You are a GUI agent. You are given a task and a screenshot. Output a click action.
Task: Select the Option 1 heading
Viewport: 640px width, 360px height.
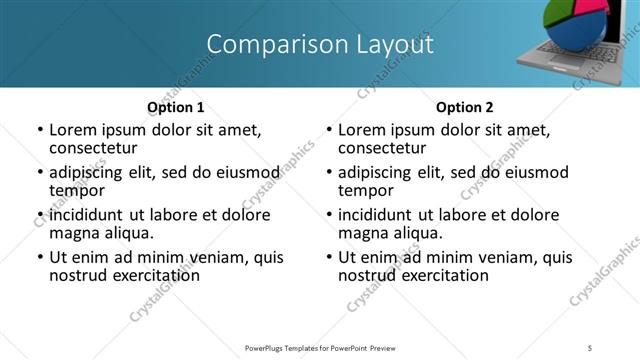pyautogui.click(x=176, y=107)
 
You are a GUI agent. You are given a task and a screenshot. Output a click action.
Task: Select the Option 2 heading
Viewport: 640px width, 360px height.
pyautogui.click(x=465, y=107)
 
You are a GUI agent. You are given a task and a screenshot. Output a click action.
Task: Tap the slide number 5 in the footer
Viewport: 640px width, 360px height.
pyautogui.click(x=591, y=347)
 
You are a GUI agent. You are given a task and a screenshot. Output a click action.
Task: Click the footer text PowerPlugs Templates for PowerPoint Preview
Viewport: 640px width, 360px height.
pyautogui.click(x=319, y=347)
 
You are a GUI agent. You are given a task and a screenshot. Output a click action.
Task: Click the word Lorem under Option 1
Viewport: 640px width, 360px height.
pyautogui.click(x=72, y=130)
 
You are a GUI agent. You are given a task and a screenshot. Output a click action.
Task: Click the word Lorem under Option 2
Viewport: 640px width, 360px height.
pyautogui.click(x=361, y=130)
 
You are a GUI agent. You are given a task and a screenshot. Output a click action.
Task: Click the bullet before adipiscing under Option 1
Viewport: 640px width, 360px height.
pyautogui.click(x=40, y=173)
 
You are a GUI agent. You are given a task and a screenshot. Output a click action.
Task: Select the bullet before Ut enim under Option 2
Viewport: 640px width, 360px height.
pyautogui.click(x=329, y=258)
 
